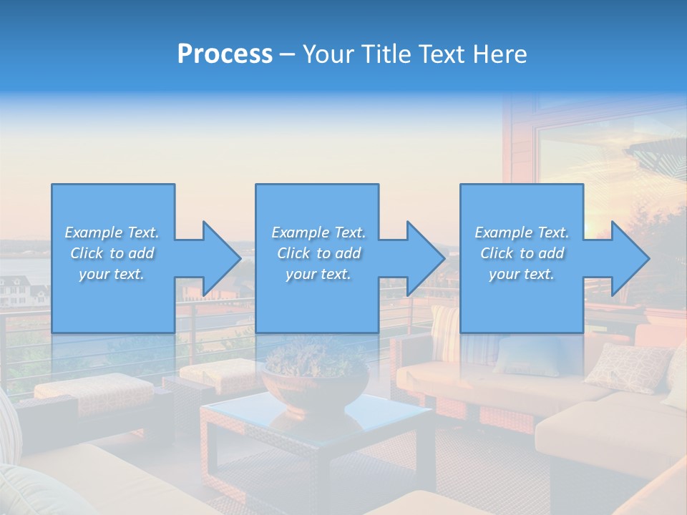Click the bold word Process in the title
[x=225, y=54]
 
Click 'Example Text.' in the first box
[x=112, y=232]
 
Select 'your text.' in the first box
[x=112, y=274]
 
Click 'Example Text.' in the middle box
[x=318, y=232]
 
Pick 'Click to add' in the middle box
[x=318, y=253]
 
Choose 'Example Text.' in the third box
[x=522, y=232]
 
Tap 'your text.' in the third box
[x=522, y=274]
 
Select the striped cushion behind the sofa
[x=445, y=333]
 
